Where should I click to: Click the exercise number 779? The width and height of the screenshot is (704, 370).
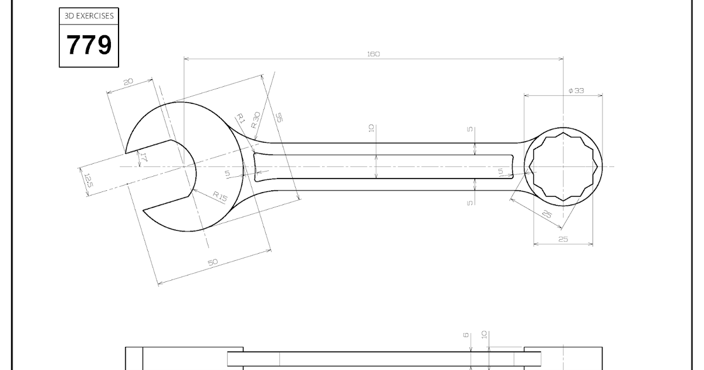pyautogui.click(x=89, y=45)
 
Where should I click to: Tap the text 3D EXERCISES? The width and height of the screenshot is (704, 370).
pyautogui.click(x=89, y=16)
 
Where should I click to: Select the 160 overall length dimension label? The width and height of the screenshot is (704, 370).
pyautogui.click(x=373, y=54)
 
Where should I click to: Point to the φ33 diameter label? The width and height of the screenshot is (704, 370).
pyautogui.click(x=576, y=90)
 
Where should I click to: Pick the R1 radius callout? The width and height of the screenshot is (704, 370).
pyautogui.click(x=240, y=118)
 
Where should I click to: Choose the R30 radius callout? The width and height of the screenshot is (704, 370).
pyautogui.click(x=255, y=120)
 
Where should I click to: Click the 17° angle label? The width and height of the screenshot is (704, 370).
pyautogui.click(x=142, y=157)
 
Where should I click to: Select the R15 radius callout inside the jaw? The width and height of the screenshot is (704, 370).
pyautogui.click(x=219, y=196)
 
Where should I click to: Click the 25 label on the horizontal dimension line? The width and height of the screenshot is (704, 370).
pyautogui.click(x=563, y=239)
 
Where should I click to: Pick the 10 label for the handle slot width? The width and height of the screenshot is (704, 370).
pyautogui.click(x=371, y=128)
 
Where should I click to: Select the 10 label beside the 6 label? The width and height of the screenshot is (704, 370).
pyautogui.click(x=484, y=334)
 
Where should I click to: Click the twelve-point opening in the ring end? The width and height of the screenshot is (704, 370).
pyautogui.click(x=563, y=166)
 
